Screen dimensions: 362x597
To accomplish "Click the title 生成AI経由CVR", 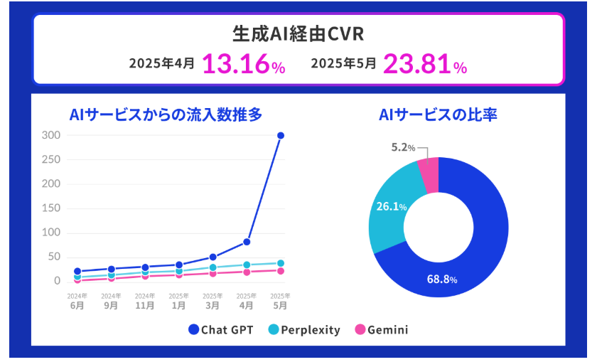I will tap(298, 33).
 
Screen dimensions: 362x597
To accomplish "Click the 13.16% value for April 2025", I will tap(244, 64).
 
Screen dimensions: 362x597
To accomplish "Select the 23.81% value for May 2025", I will tap(425, 64).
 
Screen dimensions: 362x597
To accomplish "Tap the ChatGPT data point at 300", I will tap(281, 135).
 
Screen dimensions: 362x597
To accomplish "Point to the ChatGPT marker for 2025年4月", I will tap(247, 242).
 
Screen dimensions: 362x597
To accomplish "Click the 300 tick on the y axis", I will tap(50, 135).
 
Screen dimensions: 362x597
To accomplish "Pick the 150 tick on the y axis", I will tap(50, 208).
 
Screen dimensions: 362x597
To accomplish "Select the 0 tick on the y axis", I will tap(58, 281).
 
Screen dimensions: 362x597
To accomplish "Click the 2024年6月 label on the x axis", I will tap(77, 302).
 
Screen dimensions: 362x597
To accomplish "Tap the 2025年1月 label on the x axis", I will tap(178, 302).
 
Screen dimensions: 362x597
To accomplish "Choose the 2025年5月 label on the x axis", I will tap(280, 302).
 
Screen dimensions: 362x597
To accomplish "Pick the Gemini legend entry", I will tap(381, 330).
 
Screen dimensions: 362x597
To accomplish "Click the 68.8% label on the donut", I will tap(441, 279).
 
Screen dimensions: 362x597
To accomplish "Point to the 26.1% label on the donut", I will tap(392, 207).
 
